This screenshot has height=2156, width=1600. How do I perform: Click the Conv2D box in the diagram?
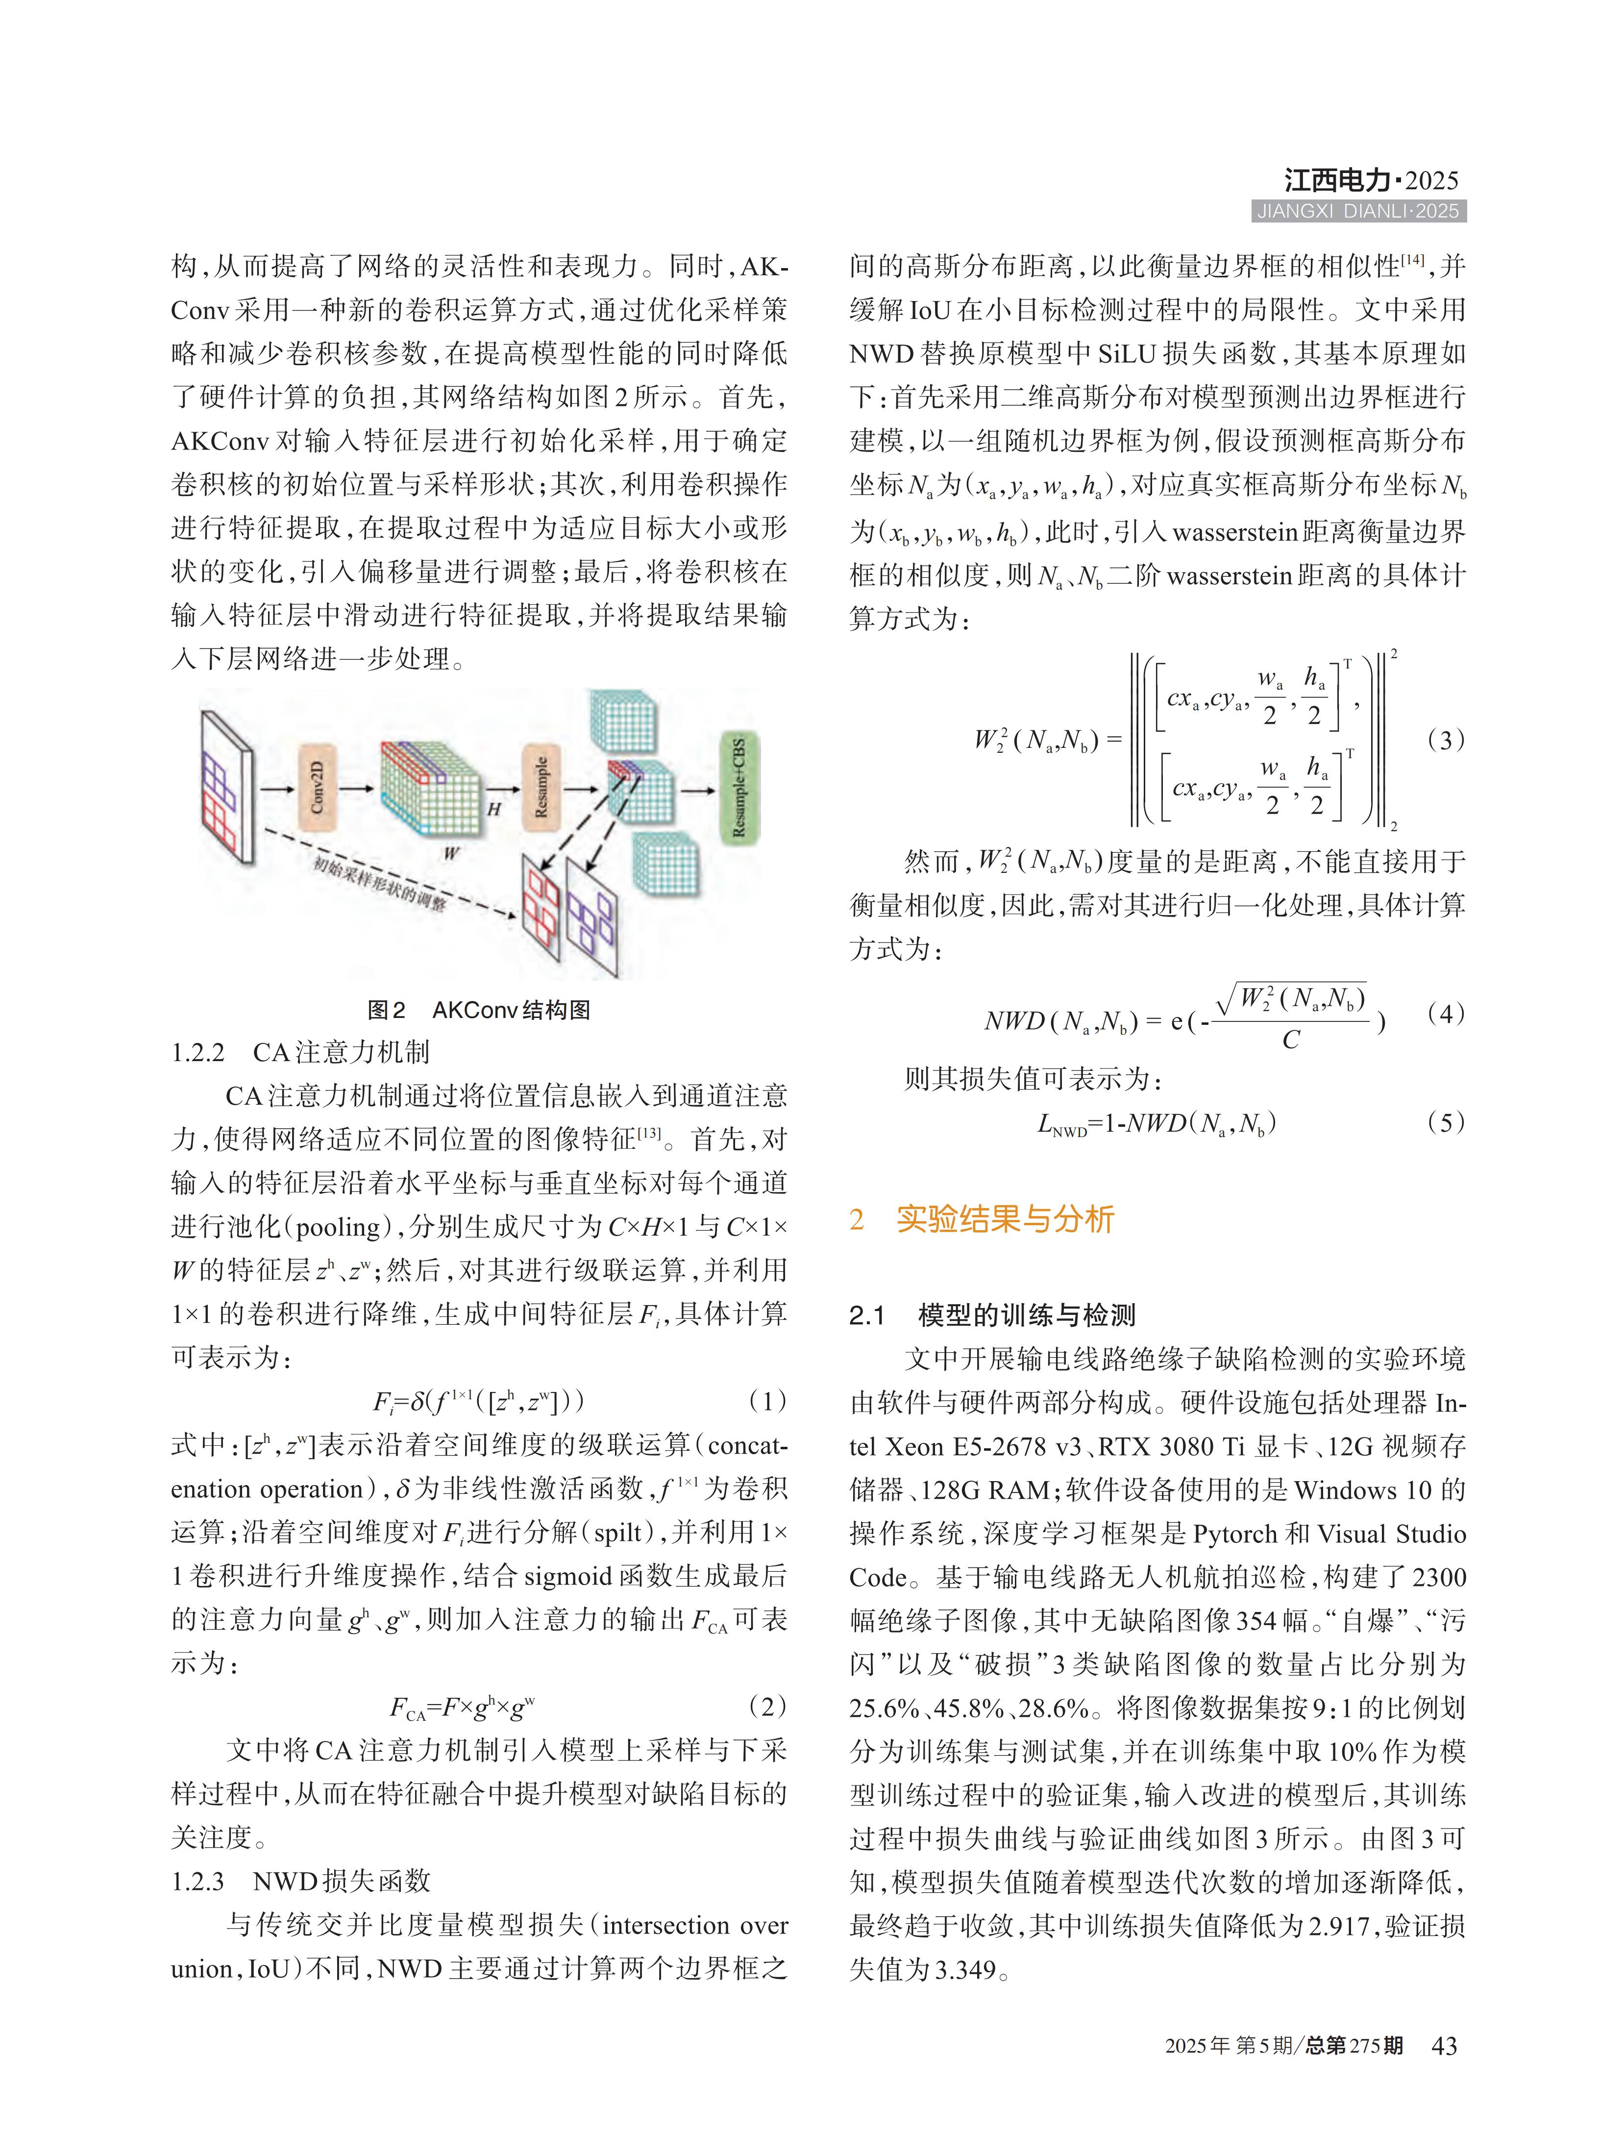317,788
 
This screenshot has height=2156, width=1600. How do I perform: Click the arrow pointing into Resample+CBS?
697,790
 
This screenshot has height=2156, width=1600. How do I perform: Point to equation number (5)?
1445,1122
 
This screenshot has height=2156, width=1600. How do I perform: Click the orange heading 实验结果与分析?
1005,1218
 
